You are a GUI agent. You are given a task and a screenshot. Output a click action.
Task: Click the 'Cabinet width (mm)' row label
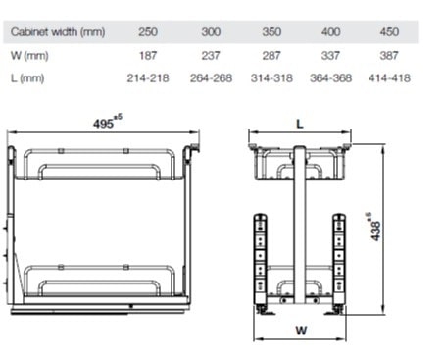58,32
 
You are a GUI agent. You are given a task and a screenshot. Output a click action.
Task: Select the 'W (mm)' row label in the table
29,55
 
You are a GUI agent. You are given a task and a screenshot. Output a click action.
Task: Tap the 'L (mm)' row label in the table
27,78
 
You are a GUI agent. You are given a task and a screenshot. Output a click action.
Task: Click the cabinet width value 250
148,32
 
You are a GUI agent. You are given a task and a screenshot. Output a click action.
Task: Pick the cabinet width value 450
389,32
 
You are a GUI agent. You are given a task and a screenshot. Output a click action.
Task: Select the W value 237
211,55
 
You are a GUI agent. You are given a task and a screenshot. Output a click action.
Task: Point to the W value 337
330,55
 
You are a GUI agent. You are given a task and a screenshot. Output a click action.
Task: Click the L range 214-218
148,78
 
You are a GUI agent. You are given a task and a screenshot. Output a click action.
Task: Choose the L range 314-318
271,78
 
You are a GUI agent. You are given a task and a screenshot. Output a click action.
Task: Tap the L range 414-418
389,78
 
